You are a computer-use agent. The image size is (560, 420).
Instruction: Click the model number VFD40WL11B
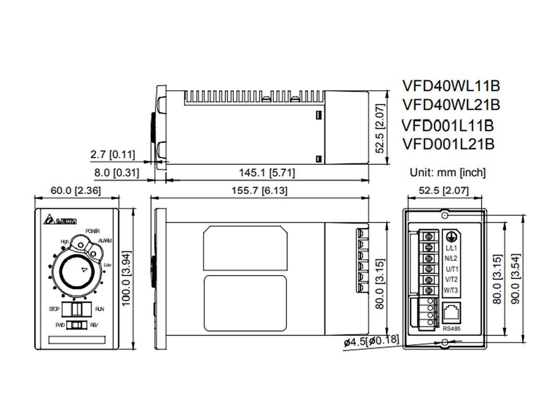coord(451,85)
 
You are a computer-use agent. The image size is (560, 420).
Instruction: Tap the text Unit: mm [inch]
coord(448,173)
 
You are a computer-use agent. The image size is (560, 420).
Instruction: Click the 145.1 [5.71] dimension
coord(267,173)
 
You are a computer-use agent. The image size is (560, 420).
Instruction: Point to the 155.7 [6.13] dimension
coord(259,190)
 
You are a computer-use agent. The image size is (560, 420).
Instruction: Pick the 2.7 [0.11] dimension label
coord(113,154)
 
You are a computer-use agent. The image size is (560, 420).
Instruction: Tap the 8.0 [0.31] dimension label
coord(116,173)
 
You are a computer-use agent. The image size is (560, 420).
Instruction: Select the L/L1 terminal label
coord(451,247)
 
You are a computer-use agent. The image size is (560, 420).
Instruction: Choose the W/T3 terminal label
coord(451,290)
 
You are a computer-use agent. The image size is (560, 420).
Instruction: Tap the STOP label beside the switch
coord(54,309)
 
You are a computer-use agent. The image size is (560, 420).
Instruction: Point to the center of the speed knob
coord(76,272)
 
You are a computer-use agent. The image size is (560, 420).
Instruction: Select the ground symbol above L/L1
coord(450,237)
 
